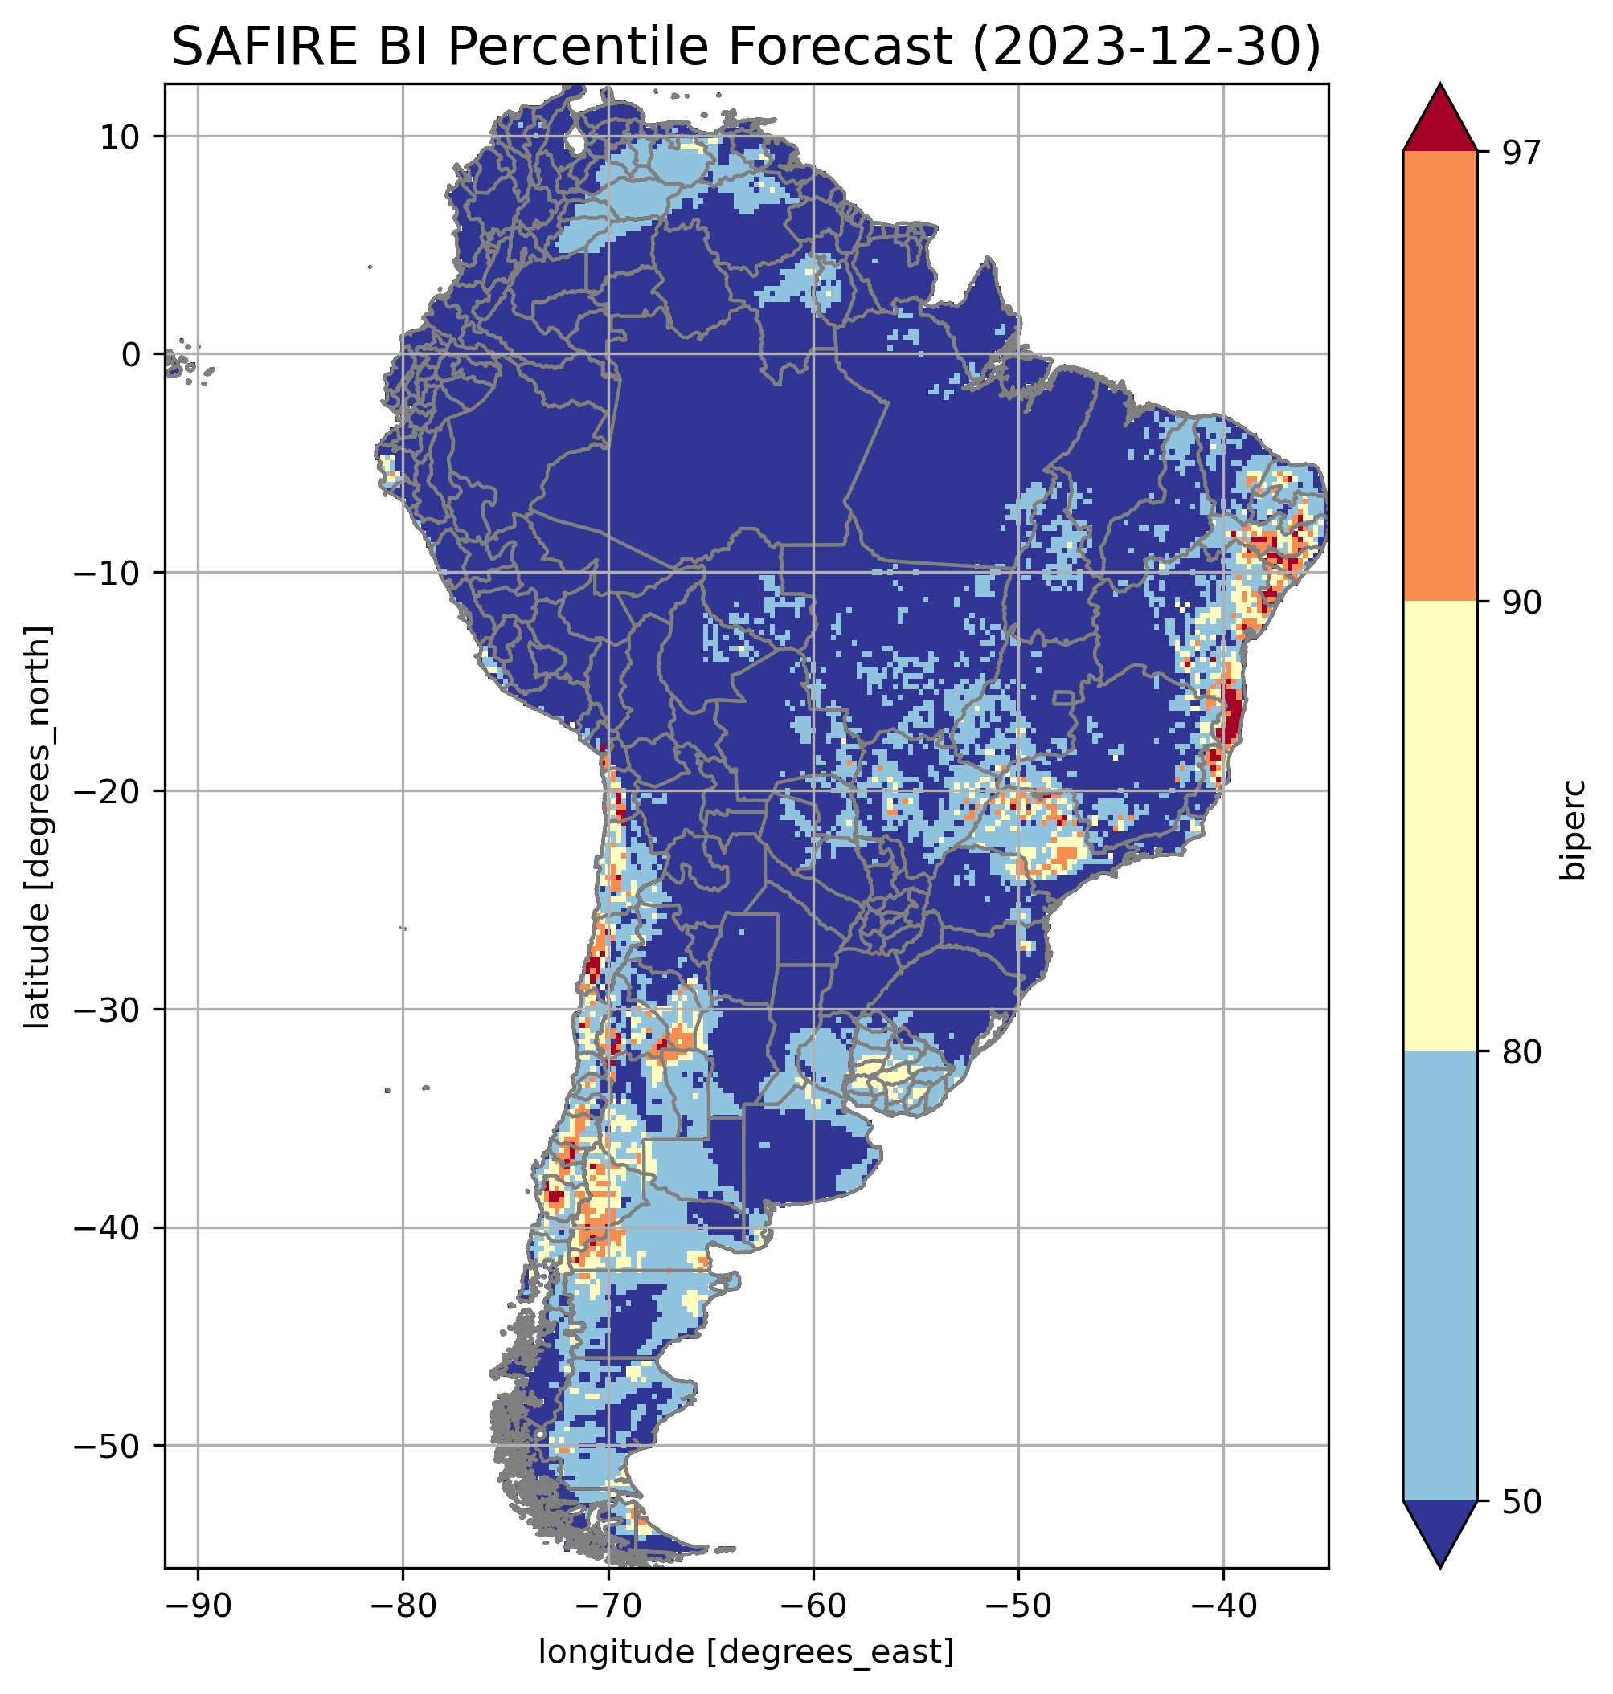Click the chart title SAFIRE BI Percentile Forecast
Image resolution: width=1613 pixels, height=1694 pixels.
pyautogui.click(x=567, y=47)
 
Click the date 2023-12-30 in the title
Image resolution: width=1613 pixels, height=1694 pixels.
pyautogui.click(x=1144, y=47)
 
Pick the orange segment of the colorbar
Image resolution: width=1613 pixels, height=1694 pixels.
pyautogui.click(x=1439, y=377)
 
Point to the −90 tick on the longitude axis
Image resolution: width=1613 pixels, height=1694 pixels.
pyautogui.click(x=198, y=1605)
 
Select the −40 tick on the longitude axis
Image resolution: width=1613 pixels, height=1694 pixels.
pyautogui.click(x=1223, y=1605)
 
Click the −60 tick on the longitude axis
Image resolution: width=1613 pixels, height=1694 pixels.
pyautogui.click(x=813, y=1605)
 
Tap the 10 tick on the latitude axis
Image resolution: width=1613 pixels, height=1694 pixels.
pyautogui.click(x=121, y=137)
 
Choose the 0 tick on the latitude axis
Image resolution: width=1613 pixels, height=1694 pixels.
pyautogui.click(x=131, y=354)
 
